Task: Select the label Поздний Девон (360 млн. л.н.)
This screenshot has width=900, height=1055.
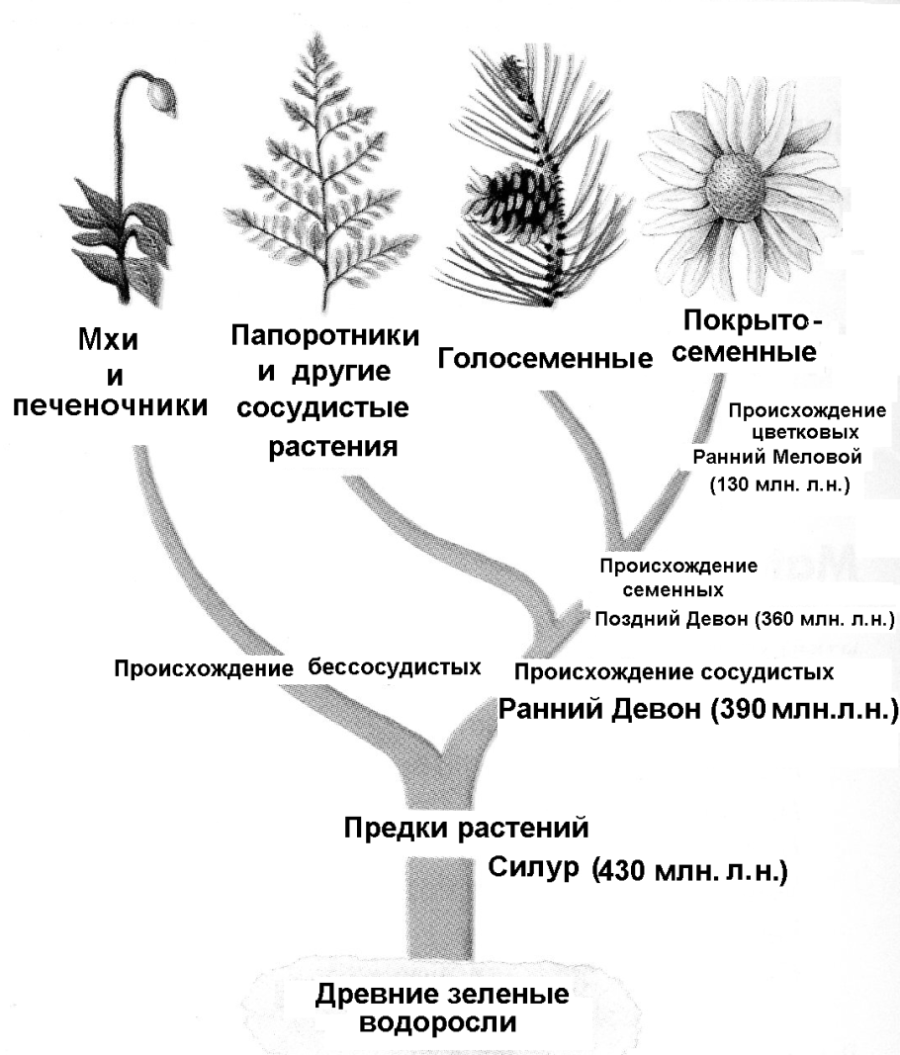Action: pyautogui.click(x=743, y=619)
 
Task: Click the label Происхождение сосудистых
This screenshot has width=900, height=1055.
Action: pyautogui.click(x=674, y=672)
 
